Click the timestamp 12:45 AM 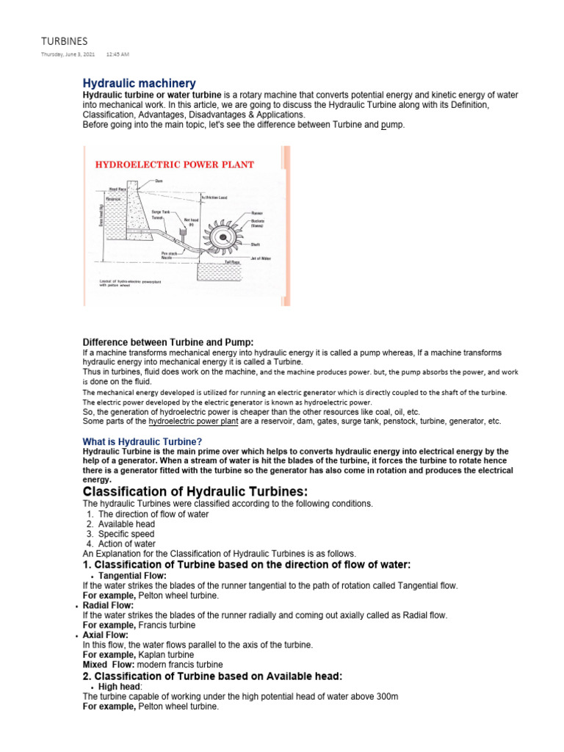coord(117,55)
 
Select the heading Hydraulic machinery coord(139,84)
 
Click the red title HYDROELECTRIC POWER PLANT coord(175,164)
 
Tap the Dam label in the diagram coord(159,181)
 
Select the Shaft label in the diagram coord(256,245)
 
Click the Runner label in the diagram coord(256,212)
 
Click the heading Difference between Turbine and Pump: coord(167,341)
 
